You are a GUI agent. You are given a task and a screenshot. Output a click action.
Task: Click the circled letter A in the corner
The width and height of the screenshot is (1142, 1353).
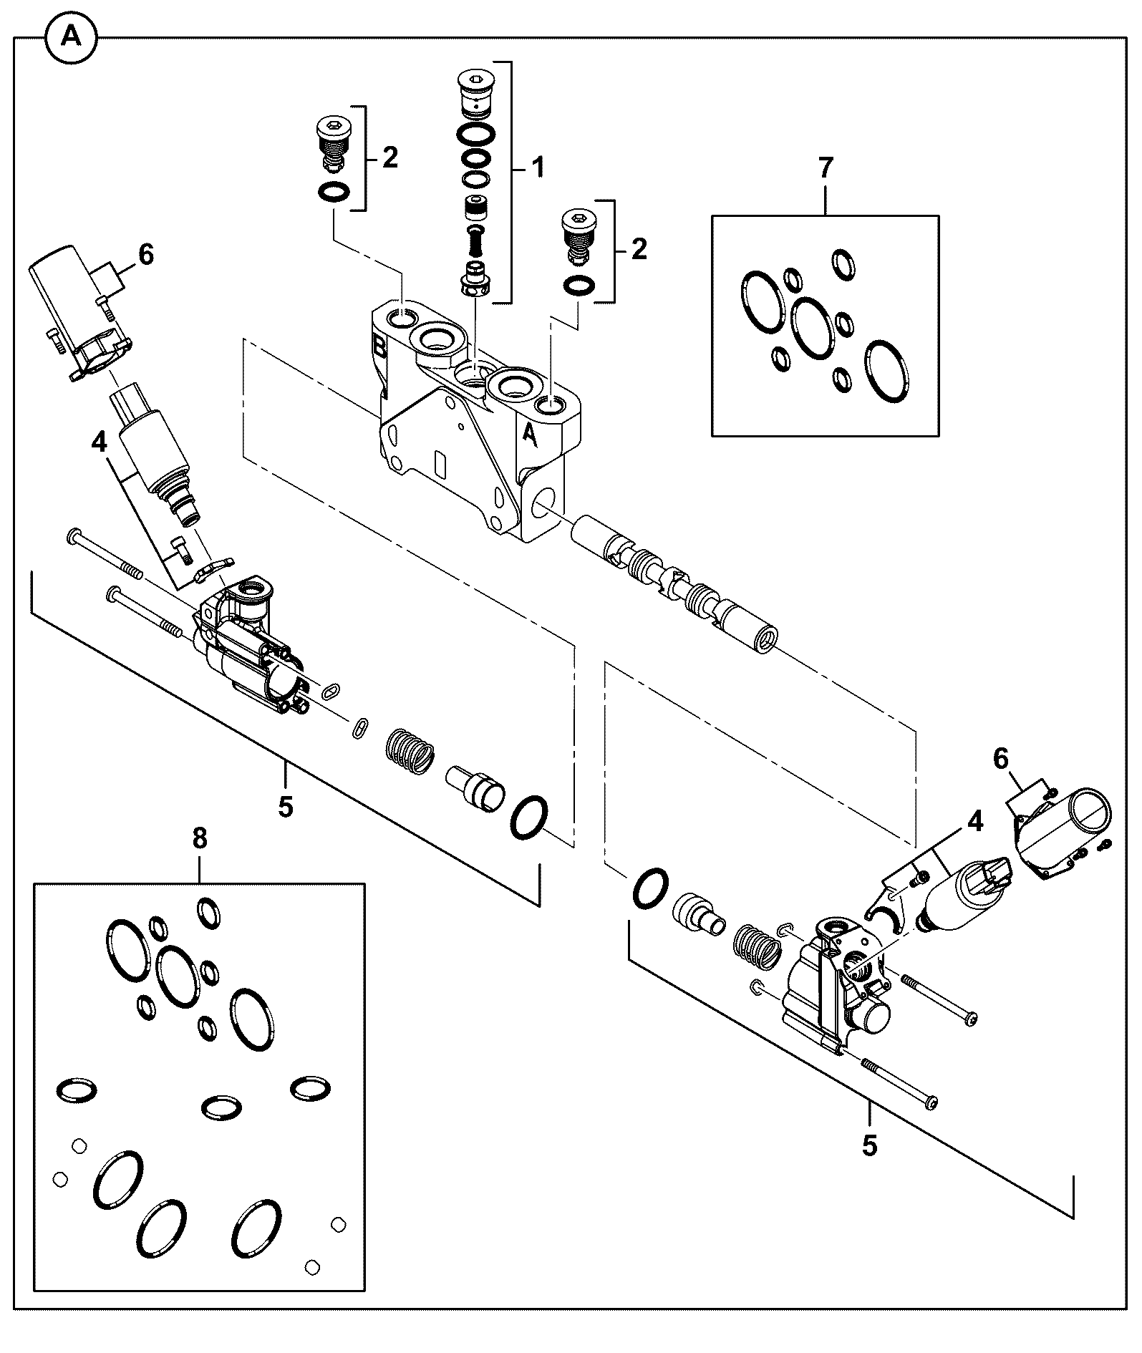pos(72,37)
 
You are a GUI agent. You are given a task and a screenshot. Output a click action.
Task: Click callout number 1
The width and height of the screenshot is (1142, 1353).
pos(536,168)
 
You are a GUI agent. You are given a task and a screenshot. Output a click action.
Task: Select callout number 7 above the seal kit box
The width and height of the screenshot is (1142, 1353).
pos(826,168)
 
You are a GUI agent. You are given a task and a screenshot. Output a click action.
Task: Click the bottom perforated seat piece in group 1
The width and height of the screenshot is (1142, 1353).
pos(475,279)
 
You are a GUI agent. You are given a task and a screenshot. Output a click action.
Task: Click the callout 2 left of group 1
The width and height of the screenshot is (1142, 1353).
pos(389,157)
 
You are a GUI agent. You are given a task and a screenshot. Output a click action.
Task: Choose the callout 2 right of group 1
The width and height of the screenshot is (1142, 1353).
pos(639,250)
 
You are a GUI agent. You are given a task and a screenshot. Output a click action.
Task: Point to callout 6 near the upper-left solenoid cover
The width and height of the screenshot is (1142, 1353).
pos(146,254)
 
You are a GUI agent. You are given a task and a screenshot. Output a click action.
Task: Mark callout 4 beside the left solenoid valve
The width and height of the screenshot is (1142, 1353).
pos(99,442)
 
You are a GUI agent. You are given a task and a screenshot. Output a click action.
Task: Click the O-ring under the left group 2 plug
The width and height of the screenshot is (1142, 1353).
pos(334,192)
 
